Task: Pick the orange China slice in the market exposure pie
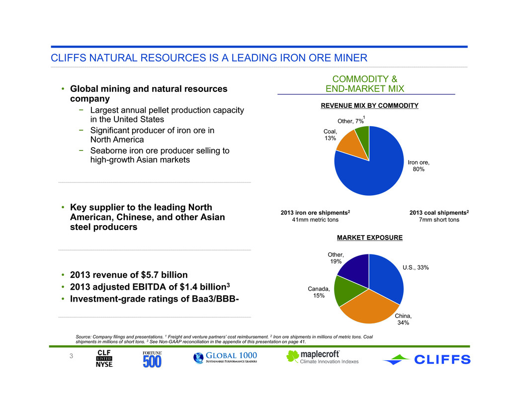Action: [369, 308]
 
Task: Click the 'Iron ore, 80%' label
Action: [419, 165]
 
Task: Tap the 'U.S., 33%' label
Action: [416, 267]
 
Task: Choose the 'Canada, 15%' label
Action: [319, 292]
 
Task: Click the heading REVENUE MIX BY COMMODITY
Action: [369, 105]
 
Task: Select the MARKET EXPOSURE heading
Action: [370, 238]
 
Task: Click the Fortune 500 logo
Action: [152, 359]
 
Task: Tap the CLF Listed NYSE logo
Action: [104, 358]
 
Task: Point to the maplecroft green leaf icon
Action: [292, 356]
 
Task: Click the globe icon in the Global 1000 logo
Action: [198, 358]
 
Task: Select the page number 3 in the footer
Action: [71, 356]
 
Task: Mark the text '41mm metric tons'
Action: [315, 220]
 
